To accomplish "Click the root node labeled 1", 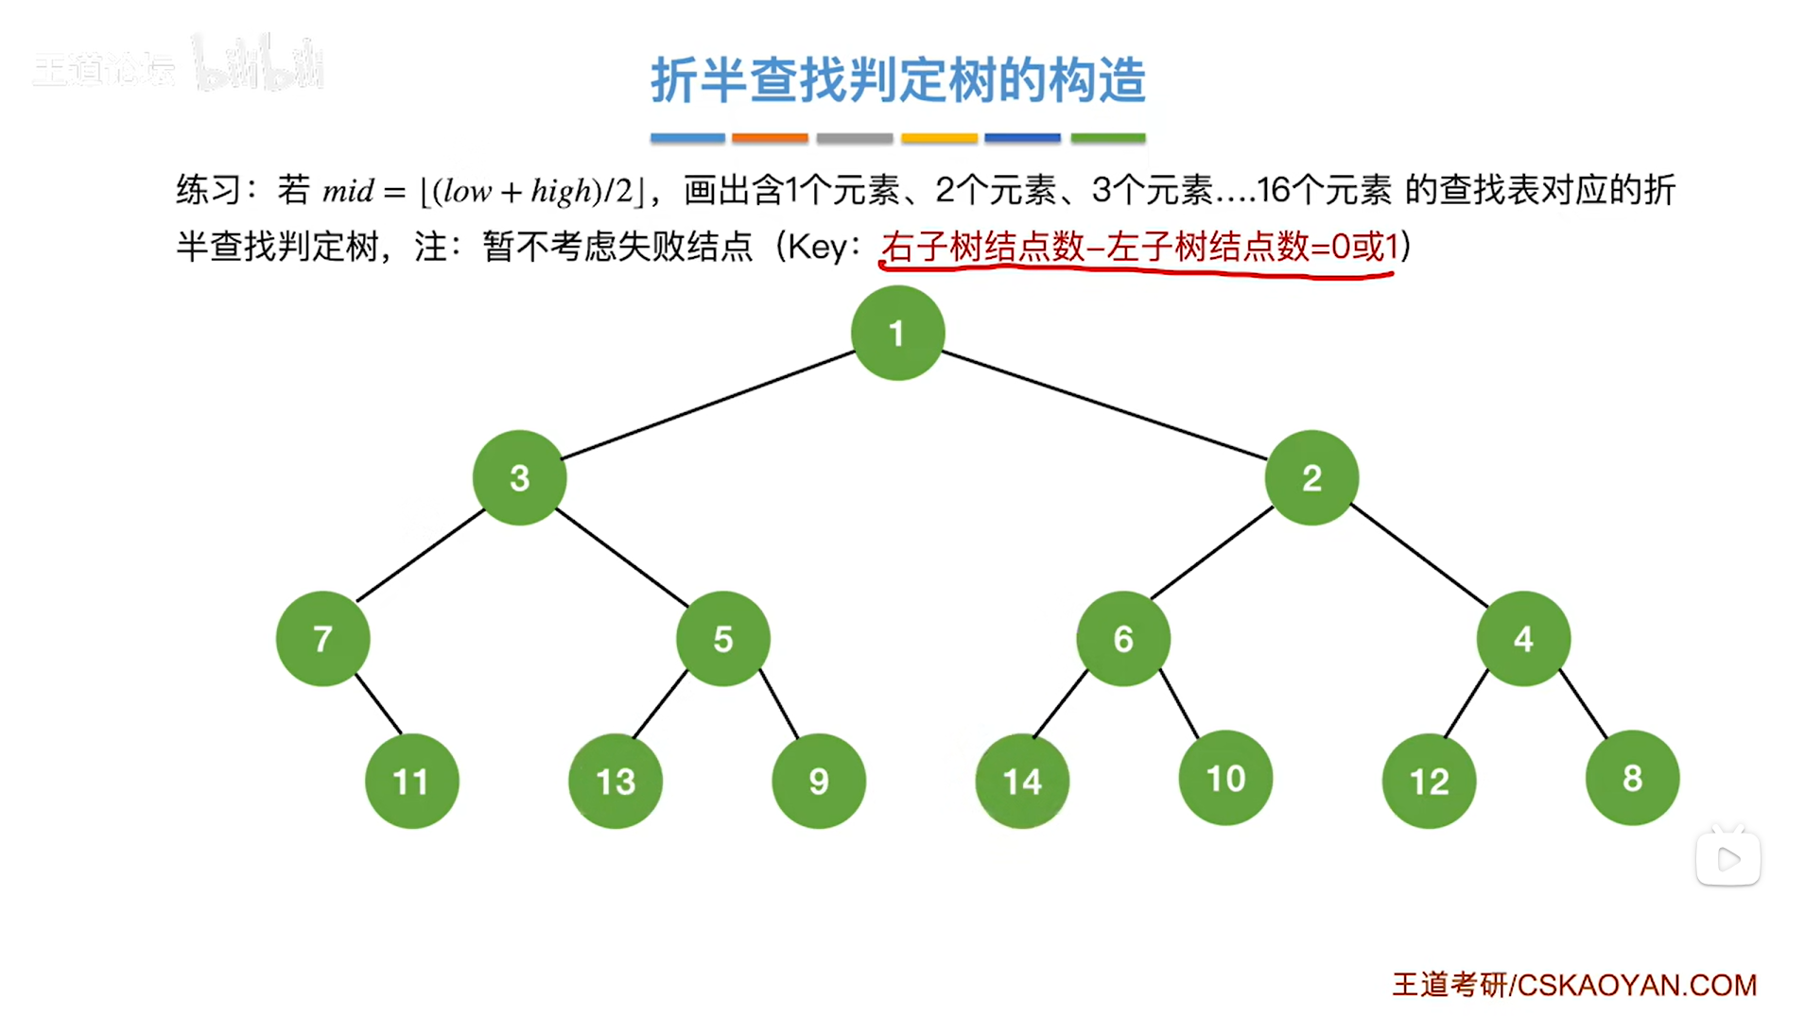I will pos(897,333).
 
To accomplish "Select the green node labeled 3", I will pos(519,477).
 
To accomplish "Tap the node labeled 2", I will pos(1311,477).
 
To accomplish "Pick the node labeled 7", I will pos(322,639).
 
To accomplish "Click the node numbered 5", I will pos(723,639).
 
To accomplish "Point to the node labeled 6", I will pos(1123,639).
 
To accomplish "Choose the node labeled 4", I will pos(1523,639).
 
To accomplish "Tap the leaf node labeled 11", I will pos(411,782).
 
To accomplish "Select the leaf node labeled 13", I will pos(616,782).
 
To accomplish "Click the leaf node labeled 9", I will pos(819,782).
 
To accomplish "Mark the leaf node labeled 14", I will pos(1022,782).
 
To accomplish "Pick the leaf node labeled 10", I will pos(1225,778).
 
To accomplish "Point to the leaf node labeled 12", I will pos(1429,782).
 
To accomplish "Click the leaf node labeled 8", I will pos(1632,778).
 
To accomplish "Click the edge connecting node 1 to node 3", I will pos(709,405).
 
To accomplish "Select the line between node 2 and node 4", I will pos(1418,556).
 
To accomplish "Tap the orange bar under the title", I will pos(770,138).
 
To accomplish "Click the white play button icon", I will pos(1728,859).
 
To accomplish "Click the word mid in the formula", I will pos(348,192).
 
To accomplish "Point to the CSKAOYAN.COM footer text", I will pos(1636,985).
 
